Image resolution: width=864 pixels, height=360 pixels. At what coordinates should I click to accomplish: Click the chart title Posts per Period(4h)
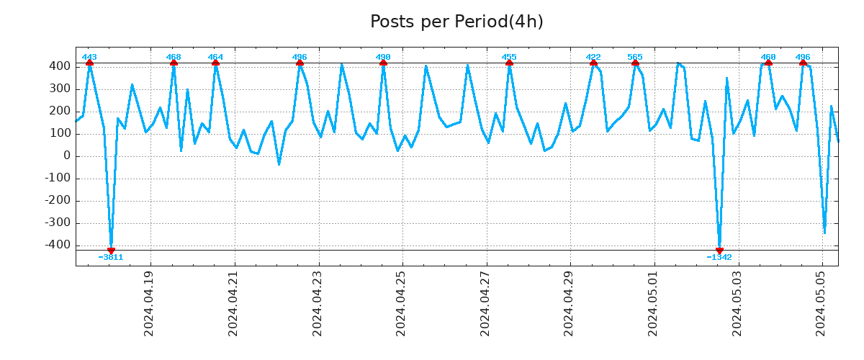(x=456, y=22)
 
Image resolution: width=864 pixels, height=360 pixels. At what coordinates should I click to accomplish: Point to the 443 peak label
(x=89, y=57)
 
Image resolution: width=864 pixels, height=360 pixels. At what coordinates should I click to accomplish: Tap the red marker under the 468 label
(x=174, y=63)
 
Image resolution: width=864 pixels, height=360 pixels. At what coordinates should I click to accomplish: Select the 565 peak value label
(x=635, y=57)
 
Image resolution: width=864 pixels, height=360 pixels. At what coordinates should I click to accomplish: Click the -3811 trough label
(x=111, y=257)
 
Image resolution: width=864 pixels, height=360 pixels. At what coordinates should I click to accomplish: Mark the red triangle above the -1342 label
(x=719, y=251)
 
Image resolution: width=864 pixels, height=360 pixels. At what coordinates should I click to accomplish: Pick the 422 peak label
(x=593, y=57)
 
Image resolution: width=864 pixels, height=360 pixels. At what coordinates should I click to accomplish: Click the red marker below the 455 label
(x=509, y=63)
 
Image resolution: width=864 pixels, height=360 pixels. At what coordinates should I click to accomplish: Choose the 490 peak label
(x=383, y=57)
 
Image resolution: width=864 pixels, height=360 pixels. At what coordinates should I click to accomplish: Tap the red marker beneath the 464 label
(x=215, y=63)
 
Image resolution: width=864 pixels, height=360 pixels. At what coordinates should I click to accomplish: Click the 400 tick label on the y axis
(x=60, y=66)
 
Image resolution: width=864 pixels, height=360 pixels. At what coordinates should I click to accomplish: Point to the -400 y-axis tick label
(x=58, y=245)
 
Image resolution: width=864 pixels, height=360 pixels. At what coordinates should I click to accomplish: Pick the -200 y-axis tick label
(x=58, y=200)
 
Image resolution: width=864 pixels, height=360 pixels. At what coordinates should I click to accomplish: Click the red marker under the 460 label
(x=768, y=63)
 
